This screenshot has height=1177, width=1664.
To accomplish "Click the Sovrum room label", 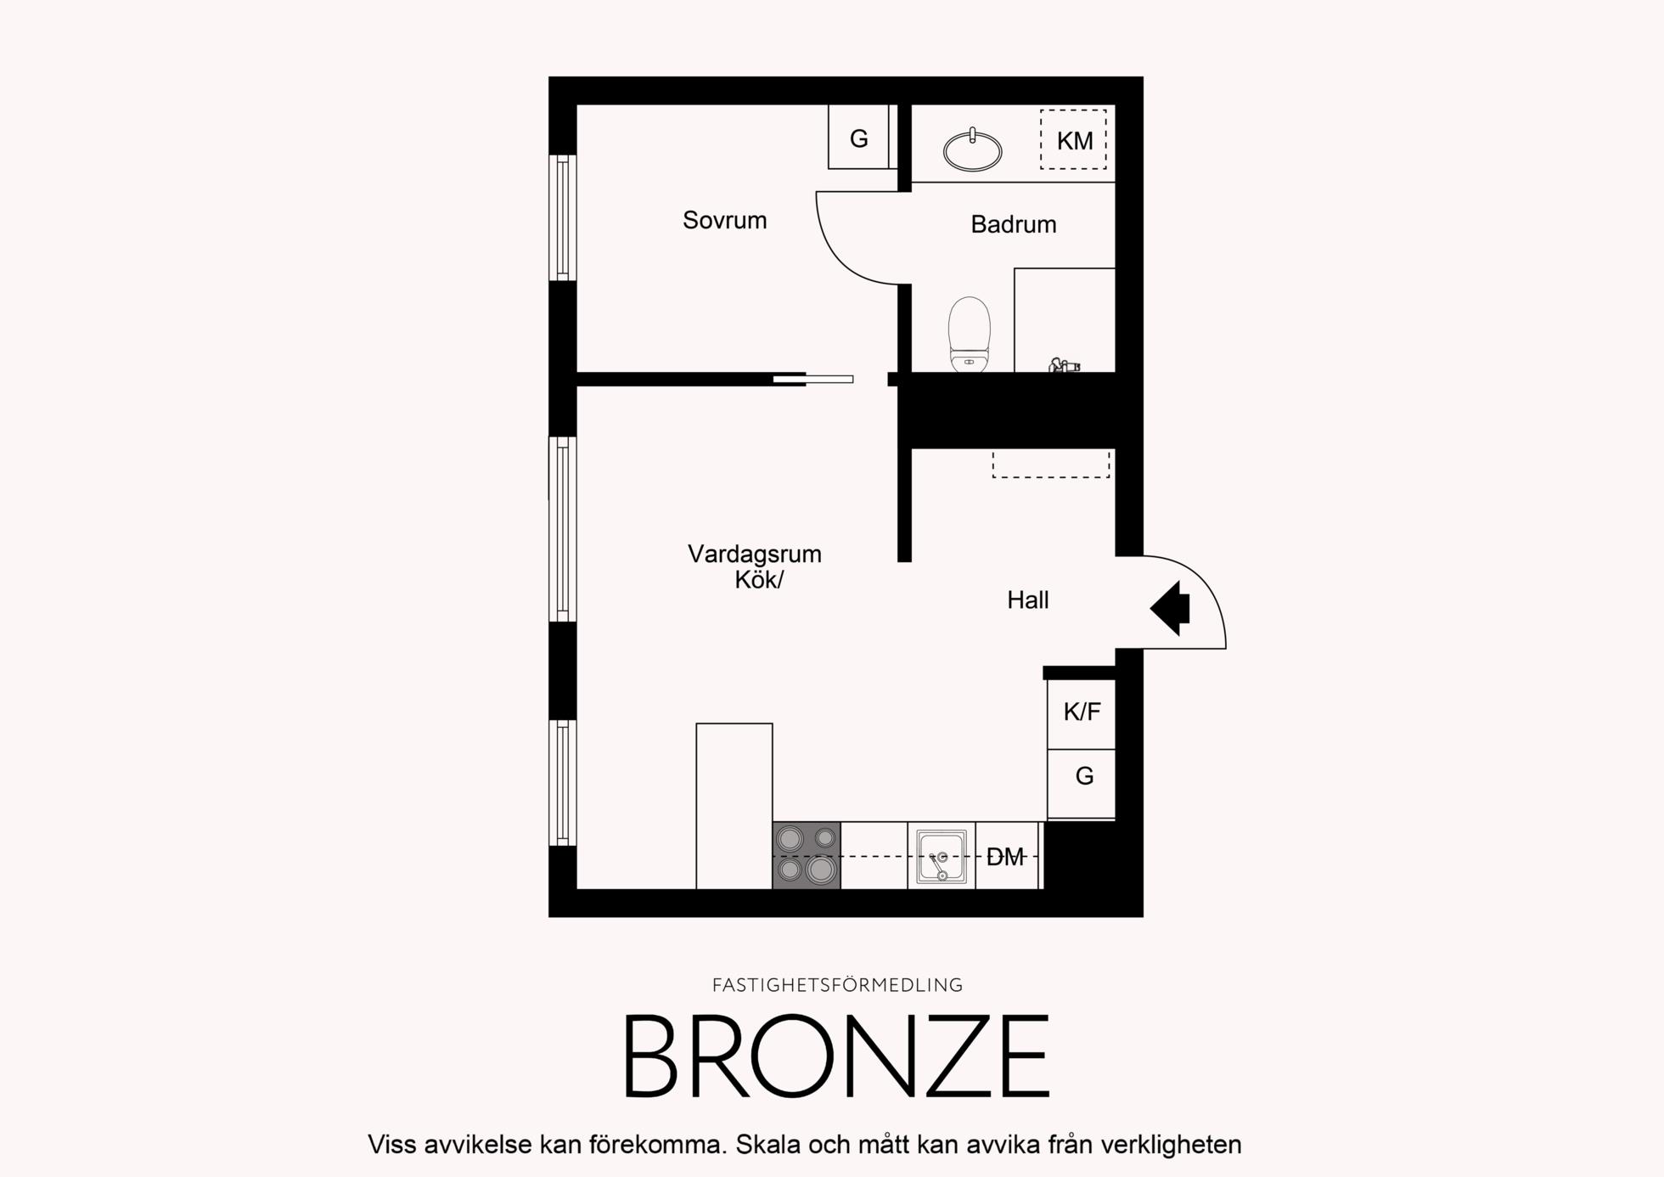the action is point(724,221).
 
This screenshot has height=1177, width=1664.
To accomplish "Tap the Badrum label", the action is point(1014,224).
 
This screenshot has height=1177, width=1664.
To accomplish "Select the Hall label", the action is point(1028,600).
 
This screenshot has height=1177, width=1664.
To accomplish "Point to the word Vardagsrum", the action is point(755,555).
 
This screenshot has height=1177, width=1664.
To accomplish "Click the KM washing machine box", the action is point(1074,139).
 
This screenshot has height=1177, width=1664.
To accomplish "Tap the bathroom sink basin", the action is point(972,149).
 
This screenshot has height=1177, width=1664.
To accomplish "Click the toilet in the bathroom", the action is point(970,335).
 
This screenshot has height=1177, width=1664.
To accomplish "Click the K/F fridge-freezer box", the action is point(1081,713).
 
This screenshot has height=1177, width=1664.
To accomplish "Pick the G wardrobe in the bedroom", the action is point(858,137).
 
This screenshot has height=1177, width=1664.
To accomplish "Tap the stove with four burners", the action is point(807,855).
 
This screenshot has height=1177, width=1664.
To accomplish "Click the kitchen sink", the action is point(942,856).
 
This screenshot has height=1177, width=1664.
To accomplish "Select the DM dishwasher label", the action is point(1005,858).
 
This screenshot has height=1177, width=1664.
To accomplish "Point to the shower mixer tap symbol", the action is point(1064,366).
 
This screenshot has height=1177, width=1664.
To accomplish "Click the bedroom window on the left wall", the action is point(562,217).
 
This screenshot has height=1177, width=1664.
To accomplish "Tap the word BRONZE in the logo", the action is point(837,1056).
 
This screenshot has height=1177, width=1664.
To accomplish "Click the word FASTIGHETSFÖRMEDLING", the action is point(837,985).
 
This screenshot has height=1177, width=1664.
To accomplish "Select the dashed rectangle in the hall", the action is point(1051,464).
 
